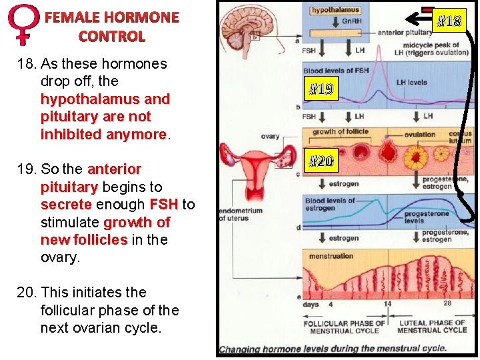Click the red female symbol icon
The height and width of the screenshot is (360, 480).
23,24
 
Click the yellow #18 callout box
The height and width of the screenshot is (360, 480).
449,21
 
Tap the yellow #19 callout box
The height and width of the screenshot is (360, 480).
321,89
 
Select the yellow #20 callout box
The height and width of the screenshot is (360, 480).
321,160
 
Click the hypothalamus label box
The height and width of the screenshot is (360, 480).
335,11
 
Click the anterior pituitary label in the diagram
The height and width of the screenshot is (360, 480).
404,32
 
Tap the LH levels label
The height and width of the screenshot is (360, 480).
412,83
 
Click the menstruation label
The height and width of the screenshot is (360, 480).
331,256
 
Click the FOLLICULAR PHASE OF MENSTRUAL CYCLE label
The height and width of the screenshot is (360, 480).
344,327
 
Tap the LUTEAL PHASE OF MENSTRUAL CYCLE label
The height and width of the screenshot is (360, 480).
432,327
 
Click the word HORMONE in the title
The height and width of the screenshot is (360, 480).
141,17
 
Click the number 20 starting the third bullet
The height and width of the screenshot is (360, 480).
48,292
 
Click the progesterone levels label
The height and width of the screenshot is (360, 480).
424,217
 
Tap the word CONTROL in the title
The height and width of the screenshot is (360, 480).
111,37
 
